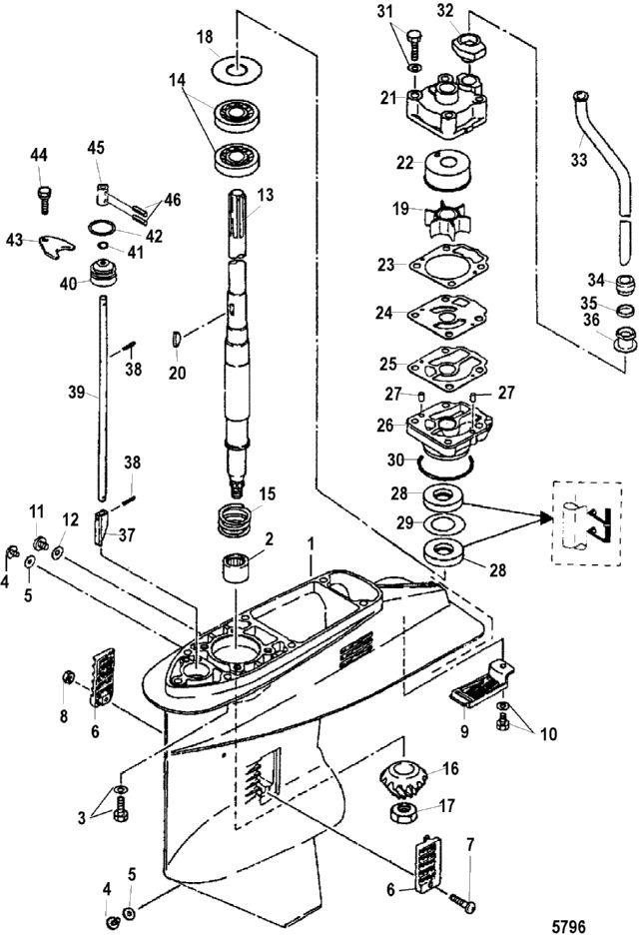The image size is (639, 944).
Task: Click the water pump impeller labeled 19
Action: (447, 223)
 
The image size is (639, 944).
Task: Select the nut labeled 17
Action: (408, 813)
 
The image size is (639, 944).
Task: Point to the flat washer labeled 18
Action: (238, 68)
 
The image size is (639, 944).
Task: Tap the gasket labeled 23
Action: (448, 265)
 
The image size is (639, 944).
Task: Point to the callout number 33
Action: (578, 162)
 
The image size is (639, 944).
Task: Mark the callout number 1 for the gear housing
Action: (311, 543)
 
